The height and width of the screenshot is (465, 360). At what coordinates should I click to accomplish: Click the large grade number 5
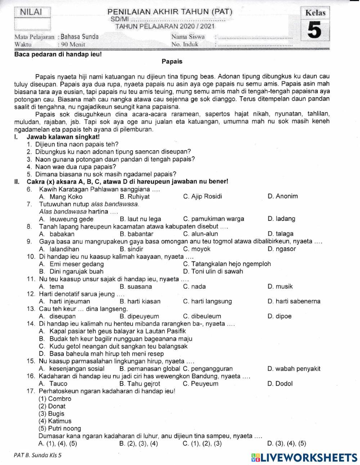(314, 31)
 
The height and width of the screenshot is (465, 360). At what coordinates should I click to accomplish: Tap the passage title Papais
(172, 62)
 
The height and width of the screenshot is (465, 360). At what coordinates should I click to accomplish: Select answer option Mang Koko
(66, 197)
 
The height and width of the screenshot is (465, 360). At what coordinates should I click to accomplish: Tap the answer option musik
(284, 287)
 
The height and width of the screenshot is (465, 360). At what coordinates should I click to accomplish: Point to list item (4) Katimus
(55, 421)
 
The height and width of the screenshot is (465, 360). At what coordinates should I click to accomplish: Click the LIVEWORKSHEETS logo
(305, 457)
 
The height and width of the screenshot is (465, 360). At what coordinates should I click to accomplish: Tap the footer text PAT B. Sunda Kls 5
(38, 455)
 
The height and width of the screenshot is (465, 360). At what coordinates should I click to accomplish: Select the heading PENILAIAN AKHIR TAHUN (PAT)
(170, 12)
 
